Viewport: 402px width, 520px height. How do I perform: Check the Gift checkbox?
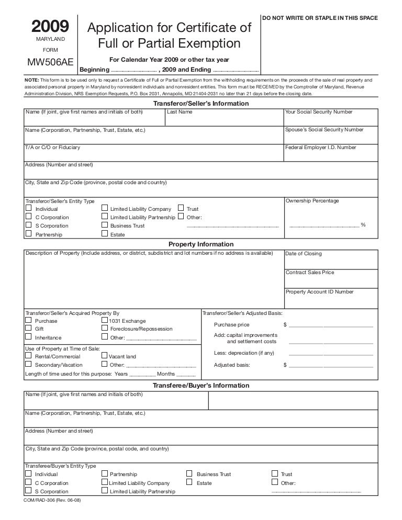click(28, 329)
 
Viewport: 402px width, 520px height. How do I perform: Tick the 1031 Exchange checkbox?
click(105, 320)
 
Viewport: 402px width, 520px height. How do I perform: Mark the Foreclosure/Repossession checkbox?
click(105, 329)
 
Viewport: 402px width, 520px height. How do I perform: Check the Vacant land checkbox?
click(105, 356)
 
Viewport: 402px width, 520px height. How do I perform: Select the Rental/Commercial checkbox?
click(28, 356)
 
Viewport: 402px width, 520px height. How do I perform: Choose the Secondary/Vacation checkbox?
click(28, 364)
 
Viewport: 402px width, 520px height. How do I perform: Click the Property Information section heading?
click(200, 244)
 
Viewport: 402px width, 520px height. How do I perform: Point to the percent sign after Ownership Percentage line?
click(363, 224)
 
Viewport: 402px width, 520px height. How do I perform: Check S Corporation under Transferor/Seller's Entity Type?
click(28, 225)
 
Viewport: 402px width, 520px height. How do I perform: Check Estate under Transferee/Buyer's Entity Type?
click(189, 483)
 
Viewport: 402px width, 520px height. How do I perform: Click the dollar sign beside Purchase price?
click(285, 325)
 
